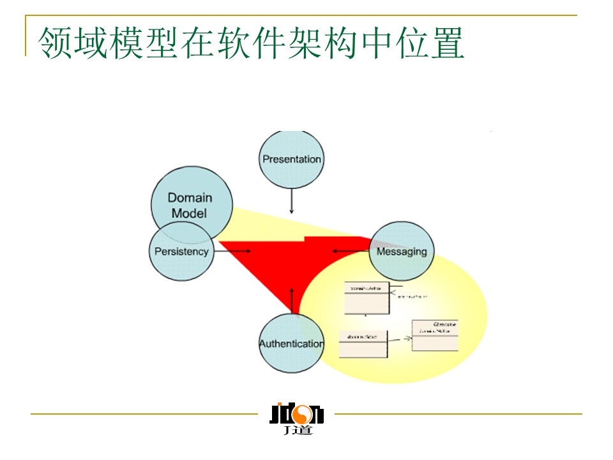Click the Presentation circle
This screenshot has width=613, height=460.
(x=291, y=159)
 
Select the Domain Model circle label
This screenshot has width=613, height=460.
(x=190, y=205)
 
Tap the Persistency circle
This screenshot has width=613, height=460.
(x=181, y=252)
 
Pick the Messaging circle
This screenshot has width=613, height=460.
(x=402, y=252)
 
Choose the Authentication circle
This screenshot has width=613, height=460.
(x=291, y=344)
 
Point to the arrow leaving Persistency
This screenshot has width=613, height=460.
(x=234, y=252)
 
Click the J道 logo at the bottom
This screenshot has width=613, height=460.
(x=296, y=419)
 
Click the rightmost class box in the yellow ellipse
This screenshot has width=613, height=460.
(x=435, y=335)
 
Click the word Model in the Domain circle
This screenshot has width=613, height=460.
(x=190, y=213)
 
